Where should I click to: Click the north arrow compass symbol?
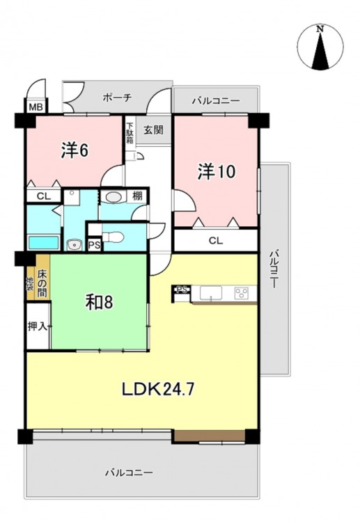[x=320, y=47]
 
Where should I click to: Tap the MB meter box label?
[x=36, y=107]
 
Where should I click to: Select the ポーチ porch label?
[x=117, y=97]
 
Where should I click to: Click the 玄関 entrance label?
[x=153, y=130]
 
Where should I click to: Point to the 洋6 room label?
[x=75, y=150]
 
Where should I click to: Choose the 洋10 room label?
[x=217, y=172]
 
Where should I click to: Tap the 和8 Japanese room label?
[x=100, y=302]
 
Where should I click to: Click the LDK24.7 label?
[x=158, y=389]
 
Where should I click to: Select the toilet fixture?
[x=114, y=237]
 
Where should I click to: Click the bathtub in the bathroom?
[x=44, y=242]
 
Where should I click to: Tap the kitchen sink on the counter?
[x=211, y=293]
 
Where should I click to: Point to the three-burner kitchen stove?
[x=242, y=293]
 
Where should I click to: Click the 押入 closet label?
[x=38, y=326]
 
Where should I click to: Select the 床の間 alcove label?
[x=42, y=283]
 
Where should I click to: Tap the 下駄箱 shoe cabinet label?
[x=130, y=133]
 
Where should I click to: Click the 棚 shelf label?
[x=138, y=196]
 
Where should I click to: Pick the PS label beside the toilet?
[x=95, y=246]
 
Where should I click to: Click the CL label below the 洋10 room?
[x=216, y=240]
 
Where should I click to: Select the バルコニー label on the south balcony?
[x=130, y=473]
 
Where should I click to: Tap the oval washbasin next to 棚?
[x=114, y=197]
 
